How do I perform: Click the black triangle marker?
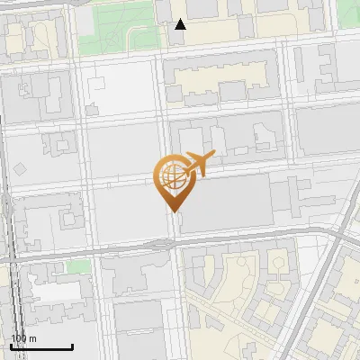(181, 24)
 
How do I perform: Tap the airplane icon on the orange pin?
(199, 164)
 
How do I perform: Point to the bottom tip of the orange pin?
(173, 211)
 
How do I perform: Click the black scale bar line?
(41, 347)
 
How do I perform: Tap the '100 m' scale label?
(23, 338)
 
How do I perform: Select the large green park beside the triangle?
(112, 27)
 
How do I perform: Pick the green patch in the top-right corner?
(349, 11)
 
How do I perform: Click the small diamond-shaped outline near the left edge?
(21, 169)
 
